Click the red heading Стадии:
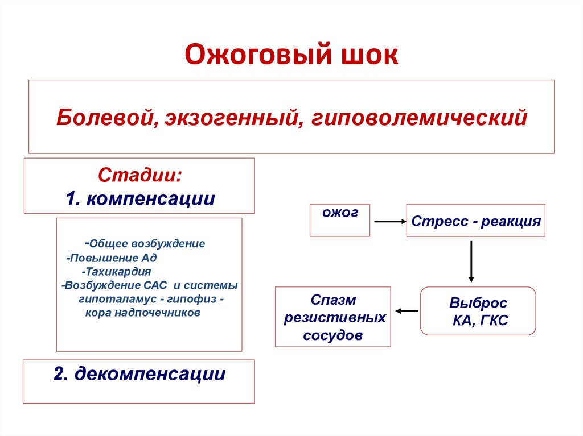pos(141,175)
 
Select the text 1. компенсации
pos(140,199)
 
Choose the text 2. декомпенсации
pos(139,373)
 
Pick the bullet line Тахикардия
pos(116,272)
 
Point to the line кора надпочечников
pos(143,313)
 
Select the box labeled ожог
pos(339,220)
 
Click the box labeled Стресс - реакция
pos(475,221)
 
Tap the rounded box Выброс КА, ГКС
pos(478,311)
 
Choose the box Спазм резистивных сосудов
pos(333,317)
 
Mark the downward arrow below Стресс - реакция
pos(471,261)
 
